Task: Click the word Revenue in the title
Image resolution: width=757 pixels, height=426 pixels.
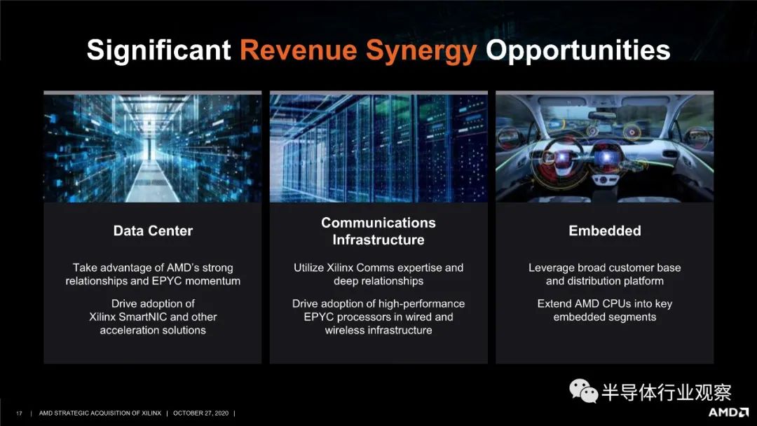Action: pos(299,50)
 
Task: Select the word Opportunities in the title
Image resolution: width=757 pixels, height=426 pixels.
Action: pos(578,52)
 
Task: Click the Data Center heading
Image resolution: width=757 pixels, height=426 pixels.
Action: pos(153,231)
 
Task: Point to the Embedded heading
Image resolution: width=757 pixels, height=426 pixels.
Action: pos(604,231)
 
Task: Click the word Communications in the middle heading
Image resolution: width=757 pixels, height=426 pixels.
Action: pos(378,222)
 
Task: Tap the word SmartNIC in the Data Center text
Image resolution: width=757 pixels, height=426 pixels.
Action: pos(143,317)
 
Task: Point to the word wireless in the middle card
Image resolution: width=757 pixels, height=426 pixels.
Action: pos(343,331)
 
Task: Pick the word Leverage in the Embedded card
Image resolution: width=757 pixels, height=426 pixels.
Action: pos(552,268)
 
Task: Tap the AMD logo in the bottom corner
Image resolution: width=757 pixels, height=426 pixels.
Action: pos(728,412)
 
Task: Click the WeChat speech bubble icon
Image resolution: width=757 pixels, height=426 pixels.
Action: pos(583,390)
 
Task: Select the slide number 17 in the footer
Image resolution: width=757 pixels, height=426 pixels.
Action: pos(19,413)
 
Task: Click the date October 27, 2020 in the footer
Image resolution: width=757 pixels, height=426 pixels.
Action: pos(201,413)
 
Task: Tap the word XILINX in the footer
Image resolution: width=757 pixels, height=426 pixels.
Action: pos(151,413)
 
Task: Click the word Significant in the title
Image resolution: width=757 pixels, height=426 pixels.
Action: pos(159,51)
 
